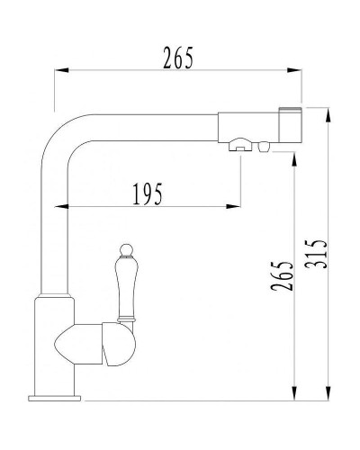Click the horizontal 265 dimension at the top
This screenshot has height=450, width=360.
pyautogui.click(x=178, y=58)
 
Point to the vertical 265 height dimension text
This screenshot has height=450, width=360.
pyautogui.click(x=283, y=276)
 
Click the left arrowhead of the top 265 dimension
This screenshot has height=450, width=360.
pyautogui.click(x=58, y=72)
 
